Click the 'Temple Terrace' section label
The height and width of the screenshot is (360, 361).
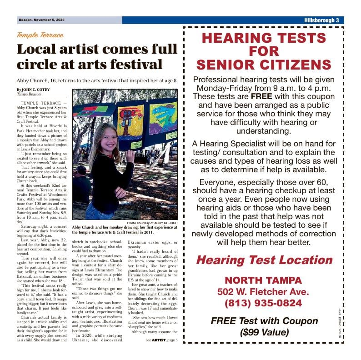tap(40, 35)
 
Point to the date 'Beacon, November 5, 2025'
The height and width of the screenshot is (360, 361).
tap(42, 20)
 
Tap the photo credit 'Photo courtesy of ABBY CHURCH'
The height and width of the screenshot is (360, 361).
tap(152, 223)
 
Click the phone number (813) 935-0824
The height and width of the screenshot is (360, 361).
tap(264, 303)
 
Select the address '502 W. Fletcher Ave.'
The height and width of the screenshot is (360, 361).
tap(264, 291)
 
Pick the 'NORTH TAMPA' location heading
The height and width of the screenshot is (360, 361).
tap(264, 280)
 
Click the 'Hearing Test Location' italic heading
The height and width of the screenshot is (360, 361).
tap(264, 260)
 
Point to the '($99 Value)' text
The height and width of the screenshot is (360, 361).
tap(264, 332)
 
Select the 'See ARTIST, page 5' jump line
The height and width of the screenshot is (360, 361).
tap(161, 340)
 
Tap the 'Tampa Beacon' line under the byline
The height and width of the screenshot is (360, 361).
tap(29, 95)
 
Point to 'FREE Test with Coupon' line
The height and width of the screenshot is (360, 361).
tap(264, 321)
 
